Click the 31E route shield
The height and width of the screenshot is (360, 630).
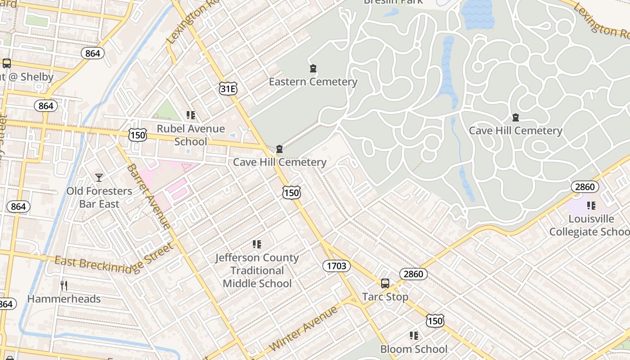tap(228, 89)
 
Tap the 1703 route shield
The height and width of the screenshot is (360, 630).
tap(337, 266)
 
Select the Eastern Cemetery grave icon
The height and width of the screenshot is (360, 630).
tap(313, 69)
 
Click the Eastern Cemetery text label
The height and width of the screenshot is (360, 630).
tap(313, 82)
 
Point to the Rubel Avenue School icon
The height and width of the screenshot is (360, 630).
tap(191, 116)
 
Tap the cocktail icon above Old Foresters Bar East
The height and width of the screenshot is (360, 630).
tap(99, 178)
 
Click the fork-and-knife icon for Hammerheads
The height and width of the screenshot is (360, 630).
tap(64, 285)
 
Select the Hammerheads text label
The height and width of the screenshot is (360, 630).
tap(64, 299)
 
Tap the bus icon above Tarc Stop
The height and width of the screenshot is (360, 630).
tap(385, 283)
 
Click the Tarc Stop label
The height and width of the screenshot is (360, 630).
tap(385, 297)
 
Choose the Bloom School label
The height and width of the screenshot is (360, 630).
tap(414, 349)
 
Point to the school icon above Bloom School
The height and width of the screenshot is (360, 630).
tap(414, 336)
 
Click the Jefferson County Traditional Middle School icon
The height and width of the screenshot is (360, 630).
tap(257, 244)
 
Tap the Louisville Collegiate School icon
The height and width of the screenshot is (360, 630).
tap(591, 206)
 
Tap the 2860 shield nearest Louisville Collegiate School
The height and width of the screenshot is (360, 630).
tap(585, 187)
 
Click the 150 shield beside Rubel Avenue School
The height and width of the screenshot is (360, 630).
tap(137, 135)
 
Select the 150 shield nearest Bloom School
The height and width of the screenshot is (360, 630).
tap(435, 320)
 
